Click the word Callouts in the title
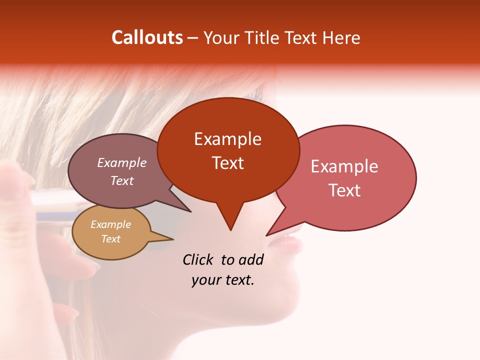(x=147, y=37)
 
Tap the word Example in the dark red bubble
(x=227, y=139)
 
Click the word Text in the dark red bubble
(x=227, y=163)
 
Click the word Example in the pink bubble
(x=344, y=166)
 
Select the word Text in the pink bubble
(x=344, y=190)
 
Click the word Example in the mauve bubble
(x=122, y=163)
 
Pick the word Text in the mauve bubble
(x=122, y=181)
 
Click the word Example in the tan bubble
(x=110, y=224)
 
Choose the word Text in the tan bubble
(x=110, y=239)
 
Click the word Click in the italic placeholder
(x=197, y=259)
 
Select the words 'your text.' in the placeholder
(x=223, y=280)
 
